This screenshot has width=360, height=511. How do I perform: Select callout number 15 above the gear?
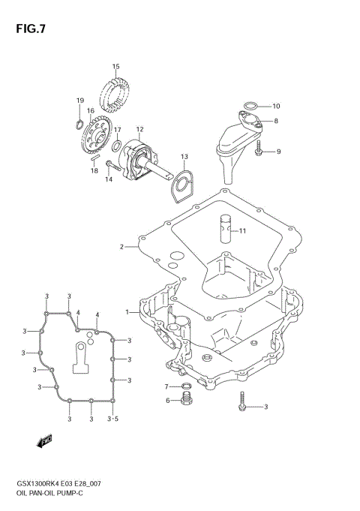pyautogui.click(x=116, y=67)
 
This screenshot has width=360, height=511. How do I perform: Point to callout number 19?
pyautogui.click(x=80, y=101)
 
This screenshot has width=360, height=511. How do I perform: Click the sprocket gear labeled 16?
pyautogui.click(x=97, y=139)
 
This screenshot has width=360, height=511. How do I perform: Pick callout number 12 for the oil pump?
pyautogui.click(x=139, y=129)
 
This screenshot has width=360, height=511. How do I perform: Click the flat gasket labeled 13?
pyautogui.click(x=180, y=185)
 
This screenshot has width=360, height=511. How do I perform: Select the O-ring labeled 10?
pyautogui.click(x=252, y=106)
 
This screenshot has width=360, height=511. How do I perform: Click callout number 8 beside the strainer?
pyautogui.click(x=277, y=121)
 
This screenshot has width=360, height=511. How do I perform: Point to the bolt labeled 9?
pyautogui.click(x=259, y=152)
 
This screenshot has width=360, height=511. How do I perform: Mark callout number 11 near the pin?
pyautogui.click(x=242, y=231)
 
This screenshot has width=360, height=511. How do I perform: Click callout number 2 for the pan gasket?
pyautogui.click(x=121, y=247)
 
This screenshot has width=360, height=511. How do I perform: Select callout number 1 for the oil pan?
pyautogui.click(x=127, y=311)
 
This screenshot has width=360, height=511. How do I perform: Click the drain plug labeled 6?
pyautogui.click(x=185, y=401)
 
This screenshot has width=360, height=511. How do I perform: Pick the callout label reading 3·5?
pyautogui.click(x=113, y=419)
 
